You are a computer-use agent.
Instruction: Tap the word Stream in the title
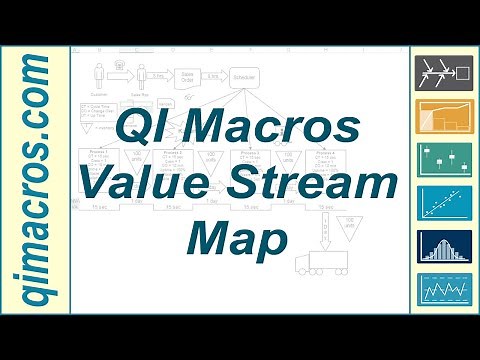point(304,186)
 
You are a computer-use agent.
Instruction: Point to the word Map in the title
point(236,239)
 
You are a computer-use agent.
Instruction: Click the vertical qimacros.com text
point(35,180)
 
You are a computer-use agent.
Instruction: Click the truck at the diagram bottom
point(323,263)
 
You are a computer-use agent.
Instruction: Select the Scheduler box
point(243,77)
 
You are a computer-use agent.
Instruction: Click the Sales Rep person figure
point(141,76)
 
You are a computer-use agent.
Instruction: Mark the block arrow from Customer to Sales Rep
point(121,76)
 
